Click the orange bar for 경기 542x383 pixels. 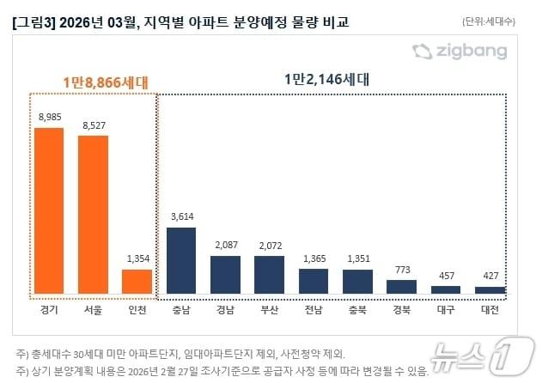tap(48, 211)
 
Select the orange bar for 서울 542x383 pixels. tap(93, 215)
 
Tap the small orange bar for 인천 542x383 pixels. tap(137, 282)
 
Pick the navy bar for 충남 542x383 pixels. tap(181, 260)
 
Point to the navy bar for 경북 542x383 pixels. tap(402, 287)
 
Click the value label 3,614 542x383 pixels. tap(181, 216)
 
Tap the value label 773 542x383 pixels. tap(402, 269)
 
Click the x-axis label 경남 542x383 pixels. tap(225, 308)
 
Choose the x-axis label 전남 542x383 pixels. tap(314, 308)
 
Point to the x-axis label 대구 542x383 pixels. tap(447, 308)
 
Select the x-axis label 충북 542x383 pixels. tap(358, 308)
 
